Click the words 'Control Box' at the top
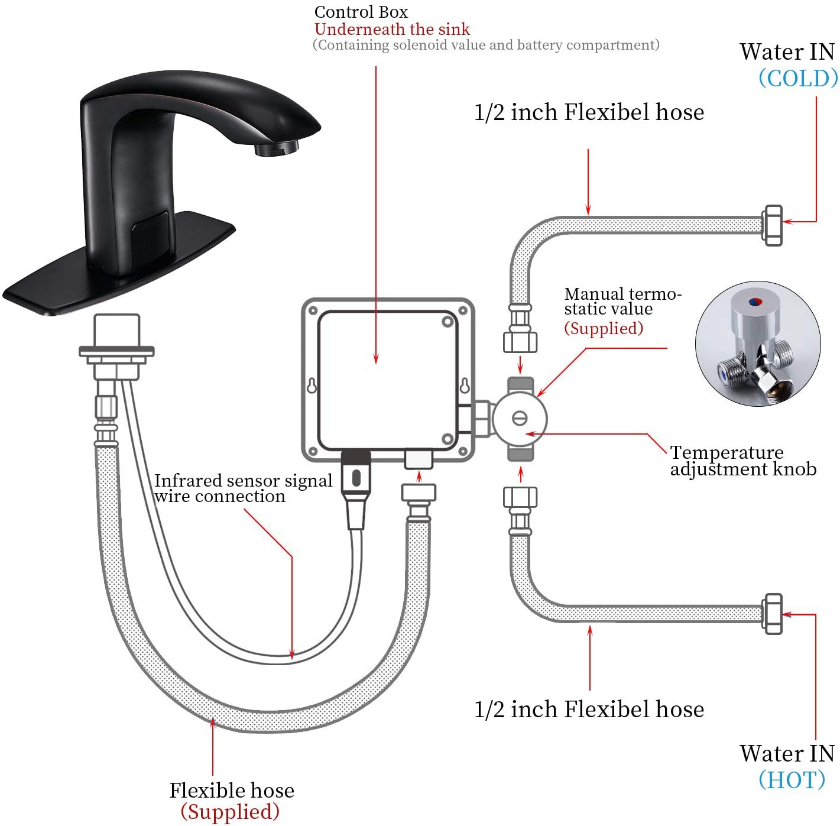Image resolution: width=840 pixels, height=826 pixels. tap(361, 12)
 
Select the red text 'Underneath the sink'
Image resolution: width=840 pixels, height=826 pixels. tap(392, 29)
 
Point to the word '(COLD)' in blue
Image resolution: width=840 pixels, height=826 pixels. tap(797, 78)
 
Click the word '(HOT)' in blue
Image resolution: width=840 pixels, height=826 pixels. tap(792, 779)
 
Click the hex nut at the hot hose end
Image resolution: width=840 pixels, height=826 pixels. tap(773, 614)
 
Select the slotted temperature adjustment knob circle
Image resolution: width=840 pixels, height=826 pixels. tap(520, 418)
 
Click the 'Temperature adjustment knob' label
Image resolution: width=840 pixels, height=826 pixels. tap(743, 461)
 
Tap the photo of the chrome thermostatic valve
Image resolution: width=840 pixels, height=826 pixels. tap(757, 343)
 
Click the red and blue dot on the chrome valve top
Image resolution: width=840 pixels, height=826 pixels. tap(755, 302)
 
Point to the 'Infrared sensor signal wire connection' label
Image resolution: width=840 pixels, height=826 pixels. tap(243, 488)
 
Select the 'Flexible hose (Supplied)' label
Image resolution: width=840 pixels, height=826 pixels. tap(231, 801)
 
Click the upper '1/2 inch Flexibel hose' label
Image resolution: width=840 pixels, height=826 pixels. tap(589, 112)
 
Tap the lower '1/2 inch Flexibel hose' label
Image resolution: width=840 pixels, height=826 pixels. tap(589, 709)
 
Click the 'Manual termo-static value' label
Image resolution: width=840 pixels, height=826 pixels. tap(622, 302)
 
